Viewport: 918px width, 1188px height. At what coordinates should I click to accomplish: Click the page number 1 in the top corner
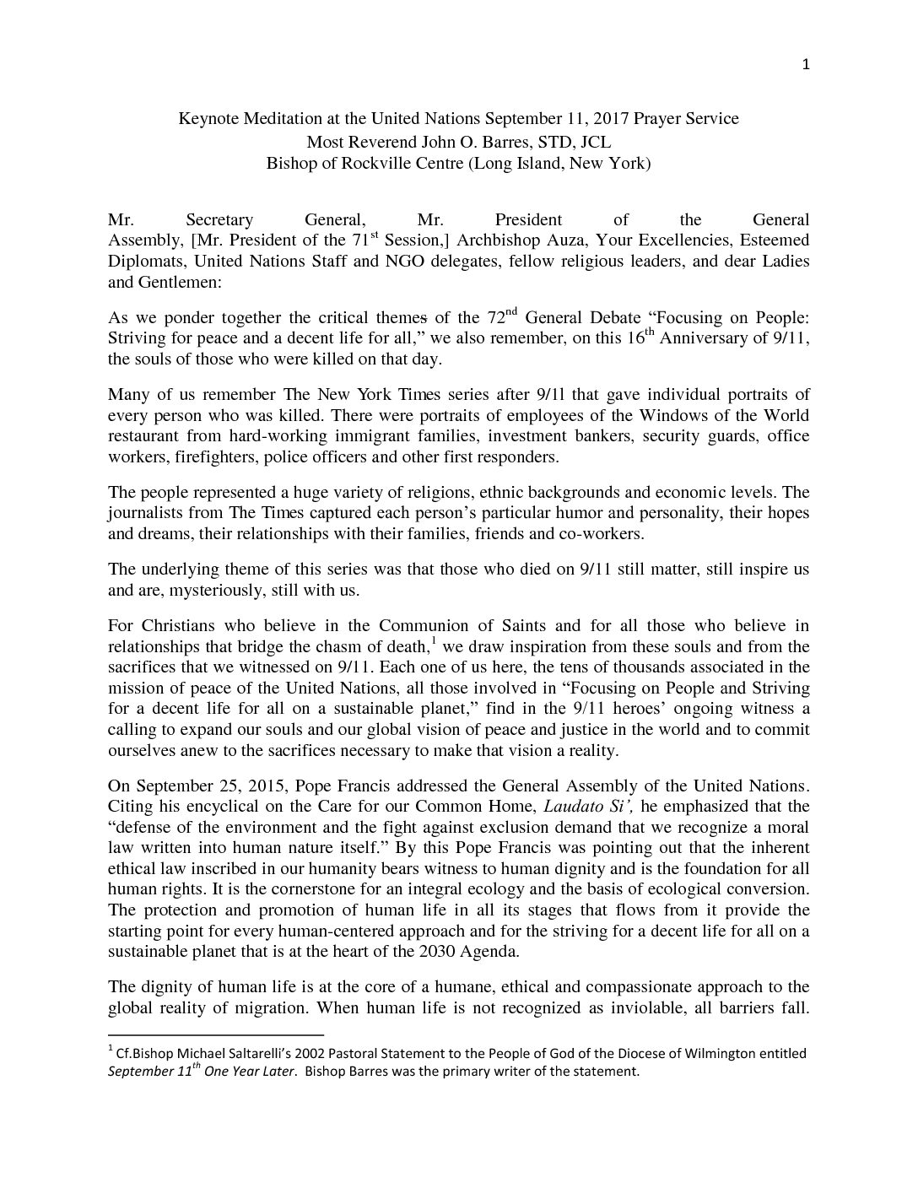coord(806,67)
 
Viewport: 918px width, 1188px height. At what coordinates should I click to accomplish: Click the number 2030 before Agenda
coord(439,952)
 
